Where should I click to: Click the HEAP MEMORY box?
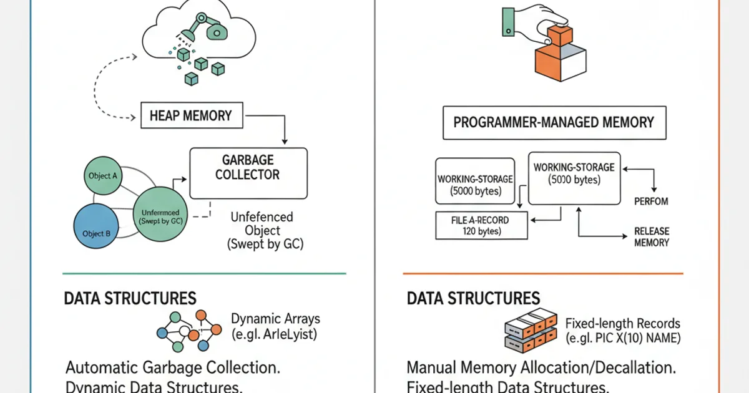(190, 115)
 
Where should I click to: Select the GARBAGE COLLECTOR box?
(248, 173)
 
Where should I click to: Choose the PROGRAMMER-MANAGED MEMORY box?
(554, 122)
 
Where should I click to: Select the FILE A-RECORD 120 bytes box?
(480, 226)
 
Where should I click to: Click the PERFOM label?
(651, 201)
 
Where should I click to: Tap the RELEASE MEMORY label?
(651, 236)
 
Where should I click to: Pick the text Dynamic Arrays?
(275, 319)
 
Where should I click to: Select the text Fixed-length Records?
(622, 323)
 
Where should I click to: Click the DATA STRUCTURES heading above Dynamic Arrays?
(130, 298)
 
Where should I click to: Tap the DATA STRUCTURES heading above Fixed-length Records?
(473, 298)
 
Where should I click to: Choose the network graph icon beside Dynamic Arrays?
(188, 331)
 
